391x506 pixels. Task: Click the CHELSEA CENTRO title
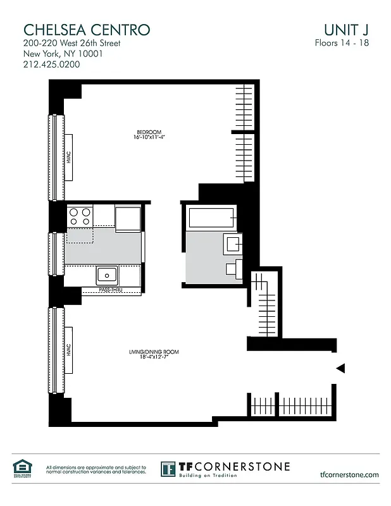(87, 29)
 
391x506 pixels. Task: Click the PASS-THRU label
(110, 290)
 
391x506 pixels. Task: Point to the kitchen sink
(107, 275)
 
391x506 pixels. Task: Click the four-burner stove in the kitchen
(80, 217)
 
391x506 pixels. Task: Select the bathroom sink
(232, 243)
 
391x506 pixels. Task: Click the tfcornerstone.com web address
(349, 474)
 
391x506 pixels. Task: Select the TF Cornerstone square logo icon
(168, 469)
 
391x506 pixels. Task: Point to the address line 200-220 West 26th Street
(71, 44)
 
